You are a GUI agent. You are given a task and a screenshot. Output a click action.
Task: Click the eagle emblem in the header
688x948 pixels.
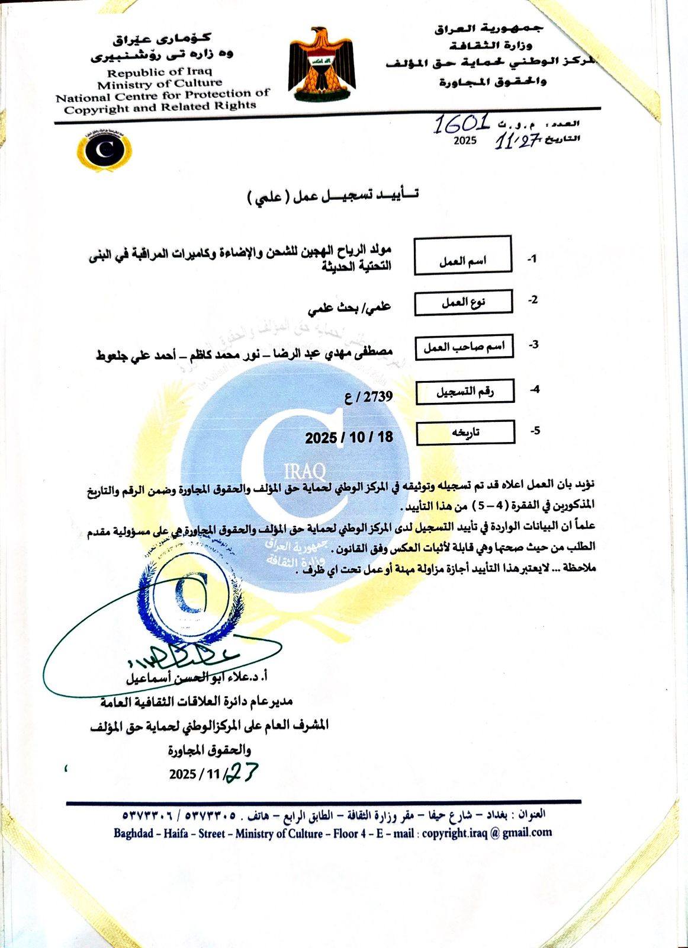pos(322,64)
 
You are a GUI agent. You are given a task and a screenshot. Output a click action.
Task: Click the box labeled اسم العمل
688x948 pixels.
pos(462,255)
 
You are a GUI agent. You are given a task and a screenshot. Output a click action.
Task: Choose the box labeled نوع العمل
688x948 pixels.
pos(463,303)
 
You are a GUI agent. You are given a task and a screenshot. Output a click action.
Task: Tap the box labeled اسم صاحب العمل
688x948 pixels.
pos(464,347)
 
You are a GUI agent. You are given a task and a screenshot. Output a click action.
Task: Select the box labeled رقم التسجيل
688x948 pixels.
pos(465,391)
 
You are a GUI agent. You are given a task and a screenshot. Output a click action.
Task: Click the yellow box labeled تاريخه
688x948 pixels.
pos(465,432)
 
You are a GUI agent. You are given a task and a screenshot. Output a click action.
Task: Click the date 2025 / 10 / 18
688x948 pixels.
pos(349,438)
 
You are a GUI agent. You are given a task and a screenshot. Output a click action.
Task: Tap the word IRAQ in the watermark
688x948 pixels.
pos(305,472)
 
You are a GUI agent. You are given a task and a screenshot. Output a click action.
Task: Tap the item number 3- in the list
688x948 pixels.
pos(533,344)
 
